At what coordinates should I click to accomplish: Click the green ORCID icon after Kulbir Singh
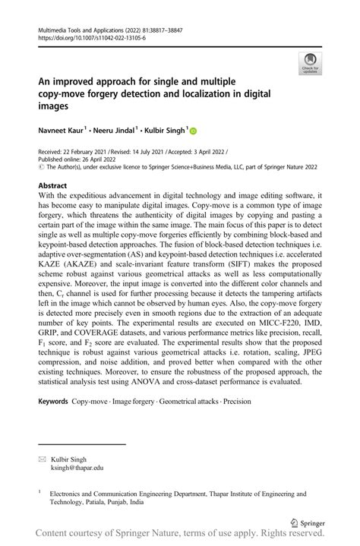coord(193,131)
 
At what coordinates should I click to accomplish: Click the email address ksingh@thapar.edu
coord(77,469)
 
